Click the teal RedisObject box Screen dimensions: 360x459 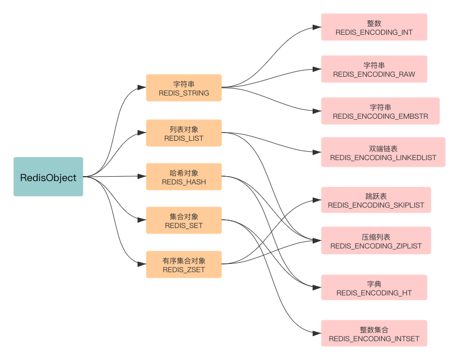point(49,177)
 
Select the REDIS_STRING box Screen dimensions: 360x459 point(184,88)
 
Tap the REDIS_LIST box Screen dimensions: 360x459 point(184,133)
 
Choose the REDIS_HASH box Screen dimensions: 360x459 point(184,177)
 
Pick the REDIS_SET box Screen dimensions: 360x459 point(184,221)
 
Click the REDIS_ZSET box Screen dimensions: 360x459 point(184,264)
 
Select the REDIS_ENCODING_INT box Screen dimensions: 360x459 point(374,28)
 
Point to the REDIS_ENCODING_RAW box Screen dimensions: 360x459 point(374,70)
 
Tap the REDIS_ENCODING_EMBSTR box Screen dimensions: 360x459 point(380,112)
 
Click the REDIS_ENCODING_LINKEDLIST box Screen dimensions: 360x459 point(383,153)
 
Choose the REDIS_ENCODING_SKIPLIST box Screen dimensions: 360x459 point(376,200)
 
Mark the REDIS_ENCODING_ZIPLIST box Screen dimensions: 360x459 point(376,241)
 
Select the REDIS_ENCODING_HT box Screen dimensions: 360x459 point(374,288)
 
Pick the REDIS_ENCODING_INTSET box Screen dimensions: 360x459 point(374,333)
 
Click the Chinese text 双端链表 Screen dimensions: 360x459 point(383,149)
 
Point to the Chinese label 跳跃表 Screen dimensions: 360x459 point(376,196)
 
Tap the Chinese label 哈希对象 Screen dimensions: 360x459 point(184,173)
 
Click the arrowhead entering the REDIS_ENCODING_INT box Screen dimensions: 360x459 point(318,28)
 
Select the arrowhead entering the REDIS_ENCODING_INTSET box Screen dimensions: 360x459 point(318,333)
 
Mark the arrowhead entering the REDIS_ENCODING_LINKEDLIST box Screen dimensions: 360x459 point(318,153)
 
